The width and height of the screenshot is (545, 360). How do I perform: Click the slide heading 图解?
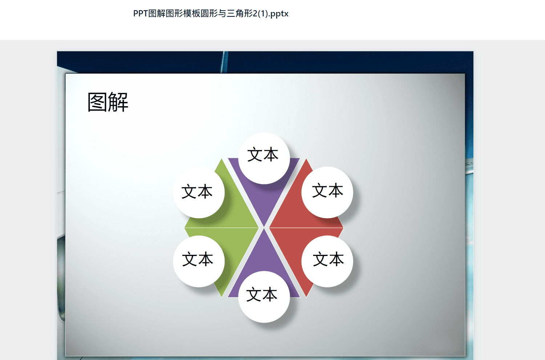pyautogui.click(x=108, y=102)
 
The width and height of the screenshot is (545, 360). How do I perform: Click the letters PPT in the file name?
pyautogui.click(x=141, y=13)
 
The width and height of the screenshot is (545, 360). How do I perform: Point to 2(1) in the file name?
pyautogui.click(x=260, y=13)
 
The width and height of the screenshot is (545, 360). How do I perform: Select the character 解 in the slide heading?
pyautogui.click(x=118, y=102)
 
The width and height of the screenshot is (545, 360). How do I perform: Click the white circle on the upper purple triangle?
pyautogui.click(x=264, y=158)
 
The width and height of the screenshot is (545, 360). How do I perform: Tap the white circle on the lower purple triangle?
pyautogui.click(x=264, y=297)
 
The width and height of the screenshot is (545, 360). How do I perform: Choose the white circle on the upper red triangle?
pyautogui.click(x=327, y=192)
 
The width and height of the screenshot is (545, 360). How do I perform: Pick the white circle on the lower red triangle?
pyautogui.click(x=327, y=261)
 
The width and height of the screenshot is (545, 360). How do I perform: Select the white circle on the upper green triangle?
pyautogui.click(x=199, y=192)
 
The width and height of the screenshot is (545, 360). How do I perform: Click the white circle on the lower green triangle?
pyautogui.click(x=199, y=261)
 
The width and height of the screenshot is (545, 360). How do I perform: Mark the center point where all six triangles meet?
pyautogui.click(x=264, y=228)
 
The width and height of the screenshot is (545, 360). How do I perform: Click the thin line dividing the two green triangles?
pyautogui.click(x=222, y=228)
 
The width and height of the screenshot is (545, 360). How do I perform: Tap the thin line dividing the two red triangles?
pyautogui.click(x=306, y=228)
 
